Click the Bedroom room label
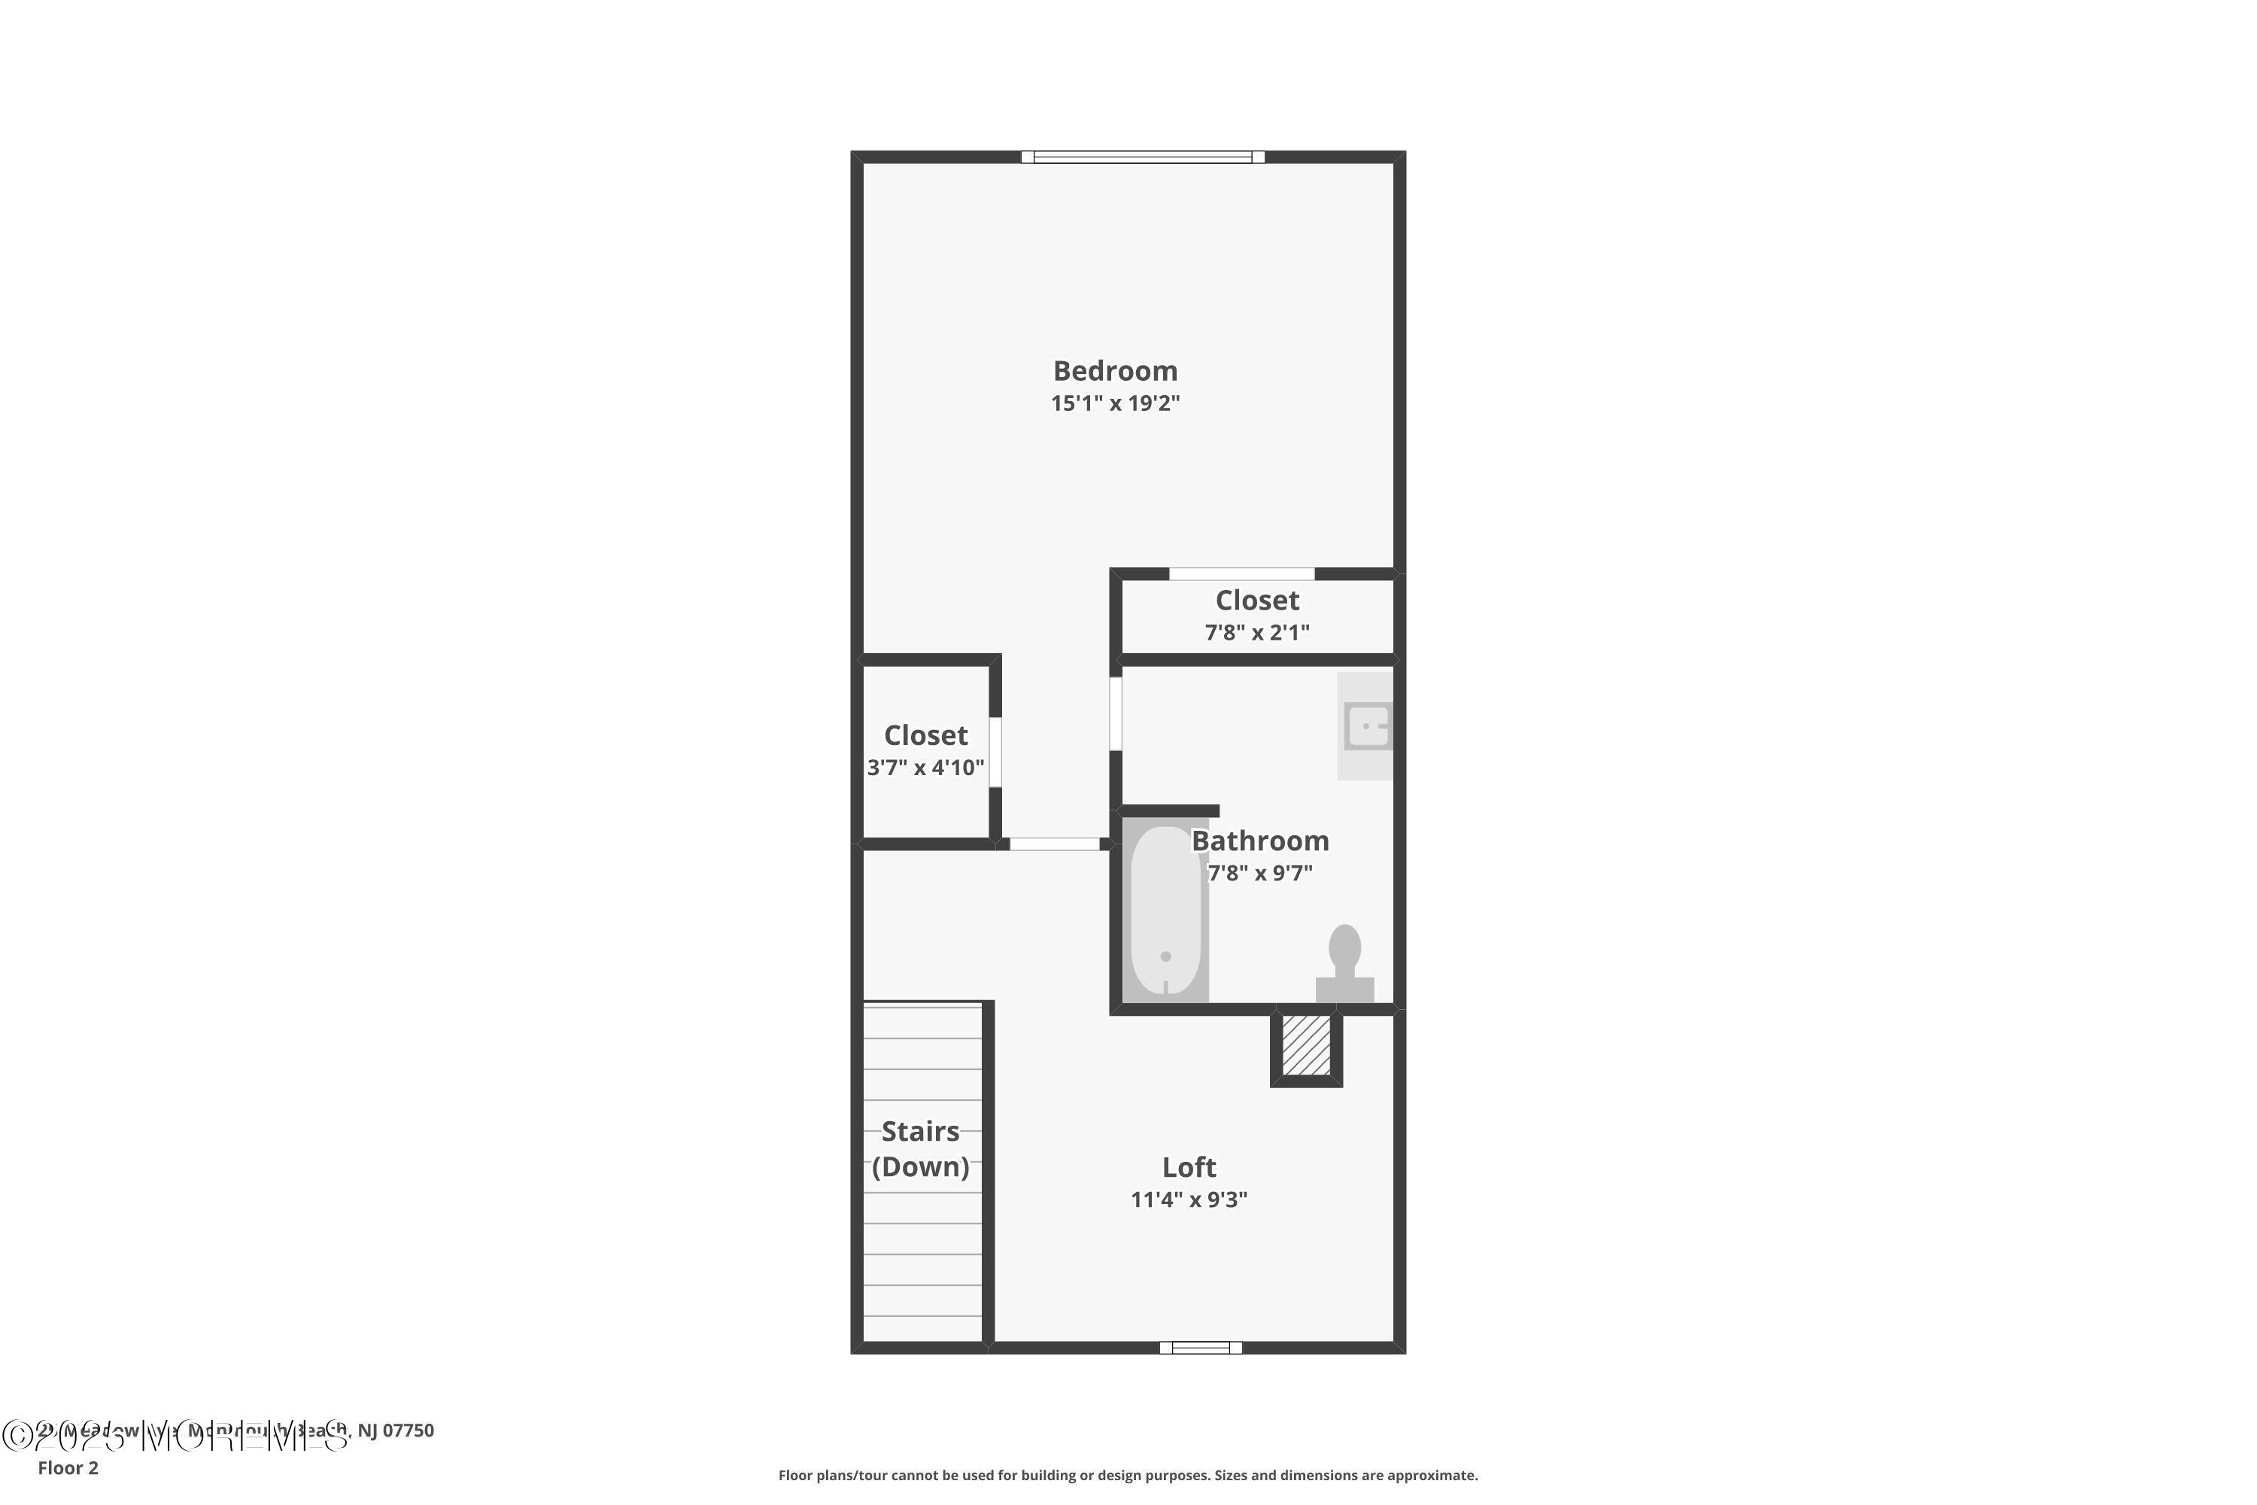click(x=1114, y=370)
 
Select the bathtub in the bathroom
click(x=1165, y=910)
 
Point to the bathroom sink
click(x=1366, y=725)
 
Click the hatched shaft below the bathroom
click(x=1306, y=1045)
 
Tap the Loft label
click(x=1188, y=1167)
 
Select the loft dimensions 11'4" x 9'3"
click(x=1188, y=1199)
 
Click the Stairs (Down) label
click(x=920, y=1149)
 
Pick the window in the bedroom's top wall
click(x=1142, y=157)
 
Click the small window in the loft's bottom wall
click(x=1201, y=1348)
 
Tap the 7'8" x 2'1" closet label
click(x=1257, y=600)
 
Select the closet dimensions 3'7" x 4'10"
click(x=925, y=768)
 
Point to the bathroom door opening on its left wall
click(x=1116, y=713)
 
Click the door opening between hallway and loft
click(x=1054, y=844)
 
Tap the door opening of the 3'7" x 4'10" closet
click(x=995, y=752)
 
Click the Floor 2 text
click(x=68, y=1467)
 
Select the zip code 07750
click(x=409, y=1431)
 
